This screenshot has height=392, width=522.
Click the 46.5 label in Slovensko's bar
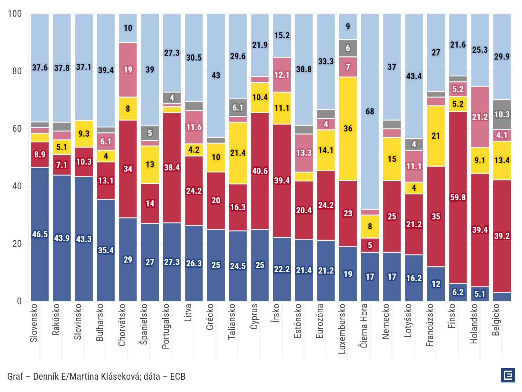pyautogui.click(x=40, y=234)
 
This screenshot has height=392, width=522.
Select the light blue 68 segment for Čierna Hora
pyautogui.click(x=370, y=111)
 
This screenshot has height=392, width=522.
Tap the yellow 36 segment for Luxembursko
pyautogui.click(x=348, y=129)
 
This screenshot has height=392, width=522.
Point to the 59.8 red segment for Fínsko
pyautogui.click(x=458, y=198)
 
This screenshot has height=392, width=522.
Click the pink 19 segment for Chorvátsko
pyautogui.click(x=128, y=70)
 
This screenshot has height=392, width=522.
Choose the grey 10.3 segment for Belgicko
pyautogui.click(x=502, y=114)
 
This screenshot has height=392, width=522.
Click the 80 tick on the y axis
pyautogui.click(x=17, y=71)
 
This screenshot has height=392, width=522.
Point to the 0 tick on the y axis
pyautogui.click(x=19, y=301)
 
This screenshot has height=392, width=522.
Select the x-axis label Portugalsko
pyautogui.click(x=166, y=326)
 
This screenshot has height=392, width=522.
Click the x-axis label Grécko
pyautogui.click(x=209, y=317)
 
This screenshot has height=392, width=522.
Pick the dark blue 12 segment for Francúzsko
pyautogui.click(x=436, y=284)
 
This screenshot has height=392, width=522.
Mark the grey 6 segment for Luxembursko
pyautogui.click(x=348, y=48)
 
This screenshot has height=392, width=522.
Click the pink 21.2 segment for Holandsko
pyautogui.click(x=480, y=117)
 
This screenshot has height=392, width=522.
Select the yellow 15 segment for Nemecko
pyautogui.click(x=392, y=159)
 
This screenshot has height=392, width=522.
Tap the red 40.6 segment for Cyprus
pyautogui.click(x=260, y=171)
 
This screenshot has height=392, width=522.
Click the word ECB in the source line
pyautogui.click(x=178, y=376)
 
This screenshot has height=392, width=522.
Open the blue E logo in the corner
pyautogui.click(x=508, y=375)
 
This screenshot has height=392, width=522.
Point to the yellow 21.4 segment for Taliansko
pyautogui.click(x=238, y=153)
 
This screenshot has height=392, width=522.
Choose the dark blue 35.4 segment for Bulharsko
pyautogui.click(x=106, y=250)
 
